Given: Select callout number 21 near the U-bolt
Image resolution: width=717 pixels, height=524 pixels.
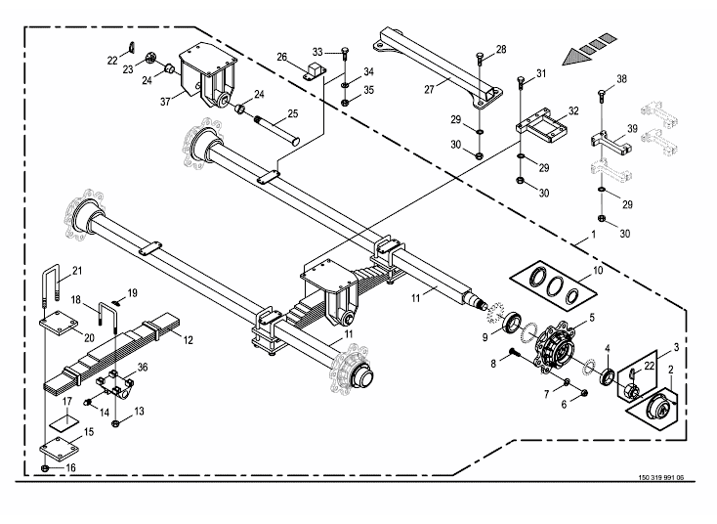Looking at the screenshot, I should [x=77, y=271].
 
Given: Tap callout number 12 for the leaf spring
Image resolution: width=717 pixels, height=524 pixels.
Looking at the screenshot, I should [x=189, y=341].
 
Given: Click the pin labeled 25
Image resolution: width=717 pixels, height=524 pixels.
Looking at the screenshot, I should [x=278, y=128].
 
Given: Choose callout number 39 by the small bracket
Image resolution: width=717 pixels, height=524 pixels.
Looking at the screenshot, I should [x=632, y=129].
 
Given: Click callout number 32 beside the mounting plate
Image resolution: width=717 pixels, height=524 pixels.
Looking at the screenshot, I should [x=573, y=110].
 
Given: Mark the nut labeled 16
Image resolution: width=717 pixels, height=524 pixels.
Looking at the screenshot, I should [x=46, y=469].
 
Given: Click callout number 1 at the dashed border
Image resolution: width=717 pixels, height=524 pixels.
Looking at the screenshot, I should [x=582, y=238].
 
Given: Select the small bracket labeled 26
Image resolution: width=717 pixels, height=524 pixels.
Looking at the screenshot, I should [x=315, y=71].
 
